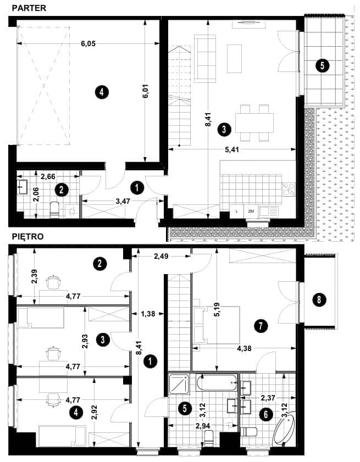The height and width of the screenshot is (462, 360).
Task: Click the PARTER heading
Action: click(x=29, y=8)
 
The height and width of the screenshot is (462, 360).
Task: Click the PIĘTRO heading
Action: click(x=27, y=237)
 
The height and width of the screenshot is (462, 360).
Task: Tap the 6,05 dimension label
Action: click(x=88, y=43)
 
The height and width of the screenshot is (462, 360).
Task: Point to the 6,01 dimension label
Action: click(x=146, y=92)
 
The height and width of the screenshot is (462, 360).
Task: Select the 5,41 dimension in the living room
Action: click(x=232, y=149)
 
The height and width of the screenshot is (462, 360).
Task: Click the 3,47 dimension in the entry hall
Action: click(x=123, y=202)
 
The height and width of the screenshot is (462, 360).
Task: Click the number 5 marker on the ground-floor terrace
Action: click(x=322, y=65)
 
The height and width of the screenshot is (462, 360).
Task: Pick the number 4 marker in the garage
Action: click(x=102, y=92)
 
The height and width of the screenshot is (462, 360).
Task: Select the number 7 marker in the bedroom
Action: click(x=261, y=326)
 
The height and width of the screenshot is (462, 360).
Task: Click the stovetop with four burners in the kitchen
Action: click(x=289, y=190)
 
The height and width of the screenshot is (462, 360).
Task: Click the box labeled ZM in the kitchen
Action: click(x=251, y=211)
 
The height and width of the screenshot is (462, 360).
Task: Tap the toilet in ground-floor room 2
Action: click(x=54, y=209)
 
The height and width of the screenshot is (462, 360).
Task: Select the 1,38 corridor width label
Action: click(x=148, y=314)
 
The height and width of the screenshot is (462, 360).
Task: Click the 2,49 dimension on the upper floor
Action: click(x=161, y=257)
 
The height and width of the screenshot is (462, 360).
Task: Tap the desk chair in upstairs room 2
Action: click(x=54, y=282)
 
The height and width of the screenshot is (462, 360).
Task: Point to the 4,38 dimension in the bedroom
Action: click(x=244, y=349)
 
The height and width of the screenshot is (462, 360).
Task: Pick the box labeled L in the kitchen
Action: click(x=237, y=211)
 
